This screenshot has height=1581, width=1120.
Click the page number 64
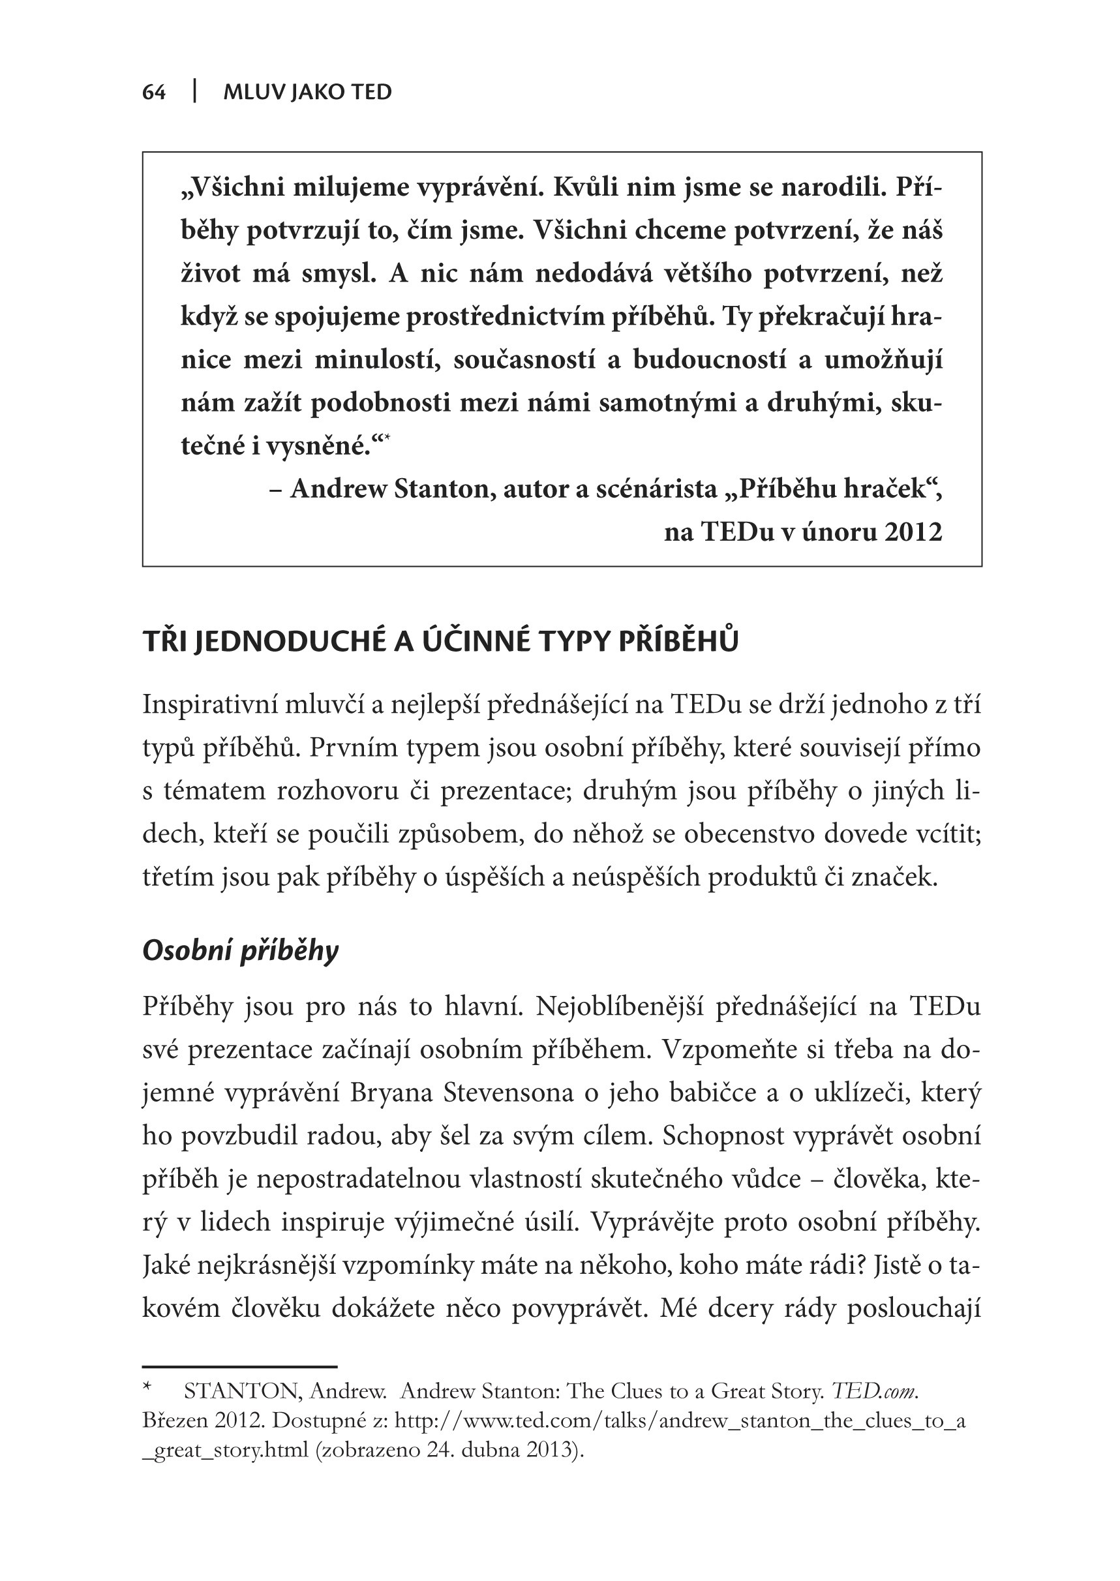154,93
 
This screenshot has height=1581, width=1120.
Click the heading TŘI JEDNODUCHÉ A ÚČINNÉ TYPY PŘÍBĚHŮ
440,641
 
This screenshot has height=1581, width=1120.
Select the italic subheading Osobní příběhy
240,950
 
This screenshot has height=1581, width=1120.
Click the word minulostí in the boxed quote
377,360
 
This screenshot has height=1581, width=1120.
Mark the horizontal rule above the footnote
239,1366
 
